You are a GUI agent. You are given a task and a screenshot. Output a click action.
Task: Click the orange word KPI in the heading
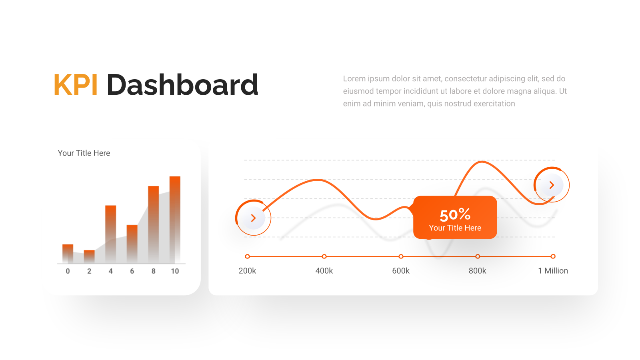[76, 84]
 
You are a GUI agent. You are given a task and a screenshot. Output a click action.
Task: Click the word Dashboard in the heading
[182, 84]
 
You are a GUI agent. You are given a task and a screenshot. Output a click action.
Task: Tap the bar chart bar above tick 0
[68, 254]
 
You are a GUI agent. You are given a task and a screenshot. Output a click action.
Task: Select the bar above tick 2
[89, 256]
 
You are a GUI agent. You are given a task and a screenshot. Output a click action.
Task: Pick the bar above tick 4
[110, 234]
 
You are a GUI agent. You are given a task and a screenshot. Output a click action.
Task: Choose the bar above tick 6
[132, 244]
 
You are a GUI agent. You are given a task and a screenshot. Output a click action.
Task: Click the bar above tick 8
[154, 224]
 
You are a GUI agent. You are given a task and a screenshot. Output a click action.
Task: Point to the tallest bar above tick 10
[175, 220]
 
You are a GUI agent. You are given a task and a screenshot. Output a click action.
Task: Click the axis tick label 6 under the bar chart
[132, 271]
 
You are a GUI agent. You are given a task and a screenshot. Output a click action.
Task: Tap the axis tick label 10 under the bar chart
[175, 271]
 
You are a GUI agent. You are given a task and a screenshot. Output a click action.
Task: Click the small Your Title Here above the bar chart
[84, 153]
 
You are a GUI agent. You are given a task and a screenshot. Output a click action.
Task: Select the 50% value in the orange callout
[455, 215]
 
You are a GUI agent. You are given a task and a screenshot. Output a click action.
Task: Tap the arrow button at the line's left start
[253, 218]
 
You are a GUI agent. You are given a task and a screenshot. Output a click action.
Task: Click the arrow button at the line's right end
[552, 185]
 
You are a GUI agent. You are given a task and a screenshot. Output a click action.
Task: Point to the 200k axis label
[247, 271]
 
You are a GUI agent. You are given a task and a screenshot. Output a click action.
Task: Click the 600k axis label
[400, 271]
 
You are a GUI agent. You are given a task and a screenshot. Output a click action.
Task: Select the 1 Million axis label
[553, 271]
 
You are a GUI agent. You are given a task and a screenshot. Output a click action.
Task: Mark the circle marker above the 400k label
[324, 256]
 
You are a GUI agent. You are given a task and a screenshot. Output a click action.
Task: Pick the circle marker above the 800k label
[478, 256]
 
